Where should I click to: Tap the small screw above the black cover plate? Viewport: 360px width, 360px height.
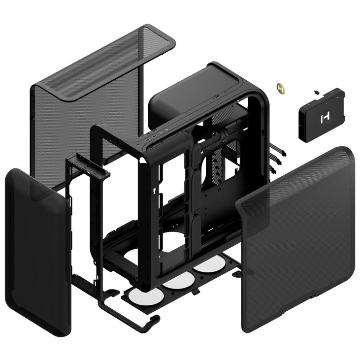tap(315, 92)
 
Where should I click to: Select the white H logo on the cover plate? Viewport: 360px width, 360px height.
tap(325, 118)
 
